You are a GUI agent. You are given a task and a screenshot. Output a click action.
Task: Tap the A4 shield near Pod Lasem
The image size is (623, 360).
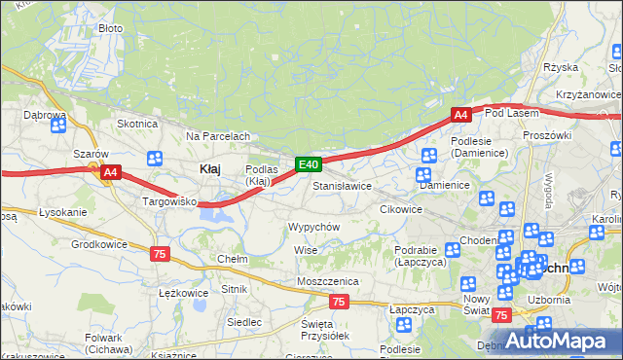pos(461,115)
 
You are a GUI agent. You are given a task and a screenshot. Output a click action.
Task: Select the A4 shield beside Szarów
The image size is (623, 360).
pos(111,172)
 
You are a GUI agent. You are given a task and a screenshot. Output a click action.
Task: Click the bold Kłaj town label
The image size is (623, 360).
pos(209,168)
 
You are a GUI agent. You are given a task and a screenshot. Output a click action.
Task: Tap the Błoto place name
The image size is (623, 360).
pos(110,28)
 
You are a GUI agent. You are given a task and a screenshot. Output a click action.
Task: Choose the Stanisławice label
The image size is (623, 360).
pos(342,185)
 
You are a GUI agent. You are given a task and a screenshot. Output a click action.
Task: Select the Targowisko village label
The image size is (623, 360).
pos(170,201)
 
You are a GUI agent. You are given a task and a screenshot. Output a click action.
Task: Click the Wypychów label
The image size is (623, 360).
pos(312,226)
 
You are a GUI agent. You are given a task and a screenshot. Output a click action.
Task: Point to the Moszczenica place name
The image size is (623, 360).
pos(328,281)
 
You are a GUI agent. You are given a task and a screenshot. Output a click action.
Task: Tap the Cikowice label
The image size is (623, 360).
pos(400,209)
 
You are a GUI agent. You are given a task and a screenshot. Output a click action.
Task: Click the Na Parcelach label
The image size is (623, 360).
pos(218,136)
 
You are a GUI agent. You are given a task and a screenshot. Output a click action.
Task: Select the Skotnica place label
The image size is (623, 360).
pos(137,124)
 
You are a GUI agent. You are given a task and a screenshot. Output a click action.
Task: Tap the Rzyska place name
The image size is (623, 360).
pos(561,67)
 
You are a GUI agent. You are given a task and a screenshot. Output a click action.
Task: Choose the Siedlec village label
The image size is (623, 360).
pos(243,321)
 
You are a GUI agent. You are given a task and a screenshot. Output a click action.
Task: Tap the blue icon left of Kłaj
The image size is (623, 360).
pos(154,159)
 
